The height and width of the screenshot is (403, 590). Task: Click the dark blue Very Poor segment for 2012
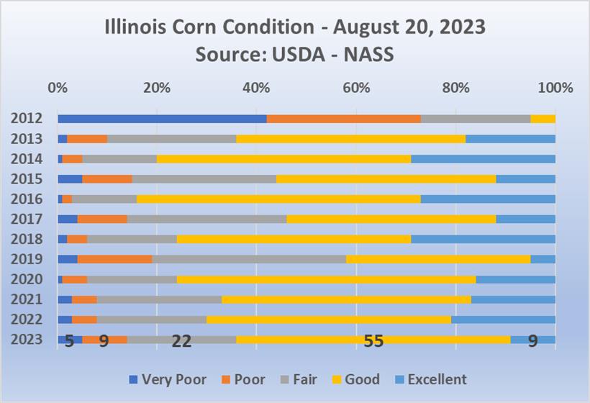(x=162, y=119)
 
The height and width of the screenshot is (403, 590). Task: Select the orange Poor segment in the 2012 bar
(x=343, y=119)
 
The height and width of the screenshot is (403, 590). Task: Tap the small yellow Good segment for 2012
(x=543, y=119)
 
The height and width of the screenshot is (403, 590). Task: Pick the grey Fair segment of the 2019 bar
(x=249, y=259)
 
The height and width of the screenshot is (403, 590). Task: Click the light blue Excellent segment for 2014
(x=483, y=159)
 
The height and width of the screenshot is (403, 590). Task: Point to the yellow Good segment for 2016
(x=278, y=199)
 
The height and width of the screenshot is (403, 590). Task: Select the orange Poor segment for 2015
(x=107, y=178)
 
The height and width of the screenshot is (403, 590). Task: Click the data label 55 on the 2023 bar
(x=373, y=341)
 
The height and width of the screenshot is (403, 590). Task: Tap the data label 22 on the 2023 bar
(x=181, y=341)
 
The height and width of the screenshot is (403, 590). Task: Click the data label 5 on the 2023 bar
(x=69, y=341)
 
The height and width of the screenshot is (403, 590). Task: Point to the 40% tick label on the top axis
(x=257, y=89)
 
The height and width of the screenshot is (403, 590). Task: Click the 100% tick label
(x=555, y=89)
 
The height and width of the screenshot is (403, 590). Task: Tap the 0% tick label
(x=58, y=89)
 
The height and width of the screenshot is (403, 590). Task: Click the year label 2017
(x=27, y=219)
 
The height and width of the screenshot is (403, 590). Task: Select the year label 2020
(x=27, y=279)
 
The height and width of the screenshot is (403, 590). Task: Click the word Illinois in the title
(x=136, y=28)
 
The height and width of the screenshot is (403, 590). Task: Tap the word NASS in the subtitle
(x=368, y=54)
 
